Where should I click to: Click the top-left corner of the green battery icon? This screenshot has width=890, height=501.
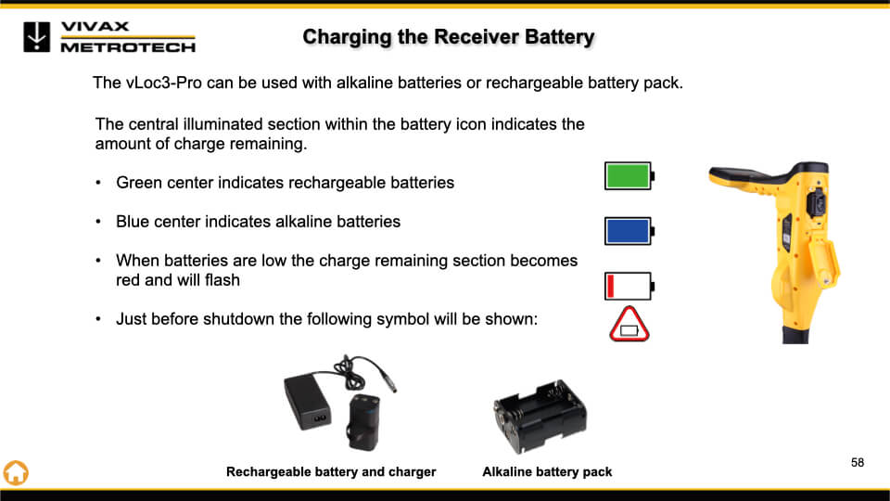(x=604, y=161)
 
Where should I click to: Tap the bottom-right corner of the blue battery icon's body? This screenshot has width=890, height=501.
(x=651, y=245)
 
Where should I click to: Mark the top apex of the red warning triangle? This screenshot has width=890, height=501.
(x=629, y=308)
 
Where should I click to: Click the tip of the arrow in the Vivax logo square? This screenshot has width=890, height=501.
(x=37, y=46)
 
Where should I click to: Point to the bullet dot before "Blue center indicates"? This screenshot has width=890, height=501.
(x=98, y=222)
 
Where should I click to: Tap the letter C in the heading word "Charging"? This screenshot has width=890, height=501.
(x=310, y=37)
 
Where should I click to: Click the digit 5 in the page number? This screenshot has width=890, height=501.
(x=854, y=462)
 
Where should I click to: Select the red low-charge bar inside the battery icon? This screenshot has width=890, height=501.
(x=611, y=286)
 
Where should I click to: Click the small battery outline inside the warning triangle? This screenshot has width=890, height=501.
(x=629, y=330)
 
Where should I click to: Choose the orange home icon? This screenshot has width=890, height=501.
(x=16, y=472)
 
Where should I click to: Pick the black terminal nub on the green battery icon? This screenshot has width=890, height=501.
(x=653, y=176)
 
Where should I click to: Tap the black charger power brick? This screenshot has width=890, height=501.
(x=307, y=402)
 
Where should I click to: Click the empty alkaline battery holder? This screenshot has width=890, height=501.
(x=540, y=416)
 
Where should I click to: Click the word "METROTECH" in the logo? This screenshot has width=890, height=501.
(x=128, y=47)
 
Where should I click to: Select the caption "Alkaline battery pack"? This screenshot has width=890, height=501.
(x=547, y=472)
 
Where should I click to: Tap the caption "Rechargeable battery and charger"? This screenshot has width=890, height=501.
(x=331, y=472)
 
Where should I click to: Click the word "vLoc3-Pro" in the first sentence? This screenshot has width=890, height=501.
(x=163, y=83)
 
